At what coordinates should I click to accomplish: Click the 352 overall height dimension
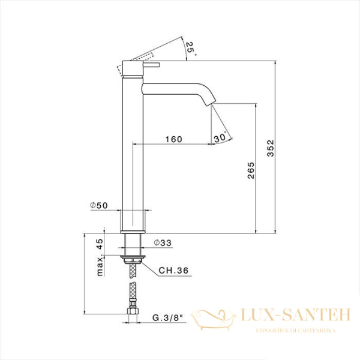click(271, 148)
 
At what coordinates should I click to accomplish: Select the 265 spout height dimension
click(251, 170)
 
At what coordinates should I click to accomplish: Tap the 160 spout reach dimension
click(174, 139)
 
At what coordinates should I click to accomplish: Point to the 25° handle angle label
click(190, 48)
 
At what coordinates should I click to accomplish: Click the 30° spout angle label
click(220, 137)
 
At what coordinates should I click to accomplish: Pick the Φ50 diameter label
click(99, 205)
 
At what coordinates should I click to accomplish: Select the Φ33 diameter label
click(163, 242)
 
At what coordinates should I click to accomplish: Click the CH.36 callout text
click(173, 271)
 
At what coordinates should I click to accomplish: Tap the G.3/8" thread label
click(167, 318)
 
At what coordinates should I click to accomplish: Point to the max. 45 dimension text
click(100, 257)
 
